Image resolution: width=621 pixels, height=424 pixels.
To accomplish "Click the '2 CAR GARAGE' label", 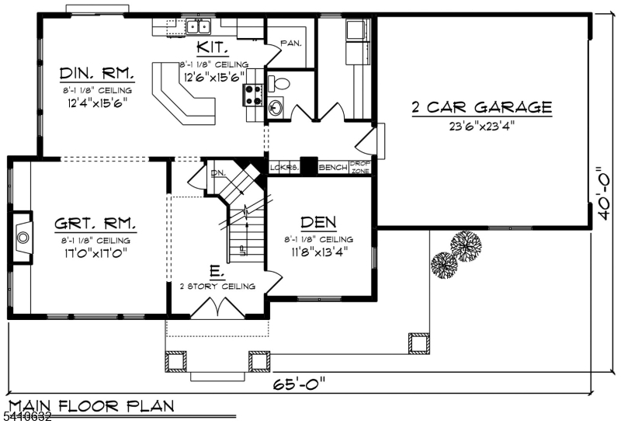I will (481, 107).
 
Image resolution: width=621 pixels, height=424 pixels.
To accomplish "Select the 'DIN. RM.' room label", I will (97, 74).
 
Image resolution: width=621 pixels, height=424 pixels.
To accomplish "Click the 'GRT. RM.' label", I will (95, 224).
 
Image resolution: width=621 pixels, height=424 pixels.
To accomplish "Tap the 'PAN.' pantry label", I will (290, 43).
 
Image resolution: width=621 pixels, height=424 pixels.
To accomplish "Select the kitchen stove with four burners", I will (254, 95).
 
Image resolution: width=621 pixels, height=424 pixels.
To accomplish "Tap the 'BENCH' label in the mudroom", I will (332, 167).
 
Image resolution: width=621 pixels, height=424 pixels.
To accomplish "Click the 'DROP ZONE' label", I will (359, 167).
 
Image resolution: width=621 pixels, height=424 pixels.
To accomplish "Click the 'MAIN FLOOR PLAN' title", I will (90, 406).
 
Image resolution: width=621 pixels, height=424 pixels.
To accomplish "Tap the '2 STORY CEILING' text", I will (217, 287).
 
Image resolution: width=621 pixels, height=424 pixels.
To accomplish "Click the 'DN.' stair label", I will (218, 172).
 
